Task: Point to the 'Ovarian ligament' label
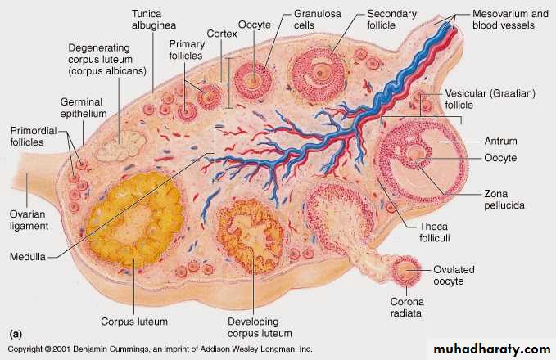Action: [29, 219]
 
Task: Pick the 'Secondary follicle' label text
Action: [391, 20]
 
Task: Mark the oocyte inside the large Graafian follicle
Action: [418, 153]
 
